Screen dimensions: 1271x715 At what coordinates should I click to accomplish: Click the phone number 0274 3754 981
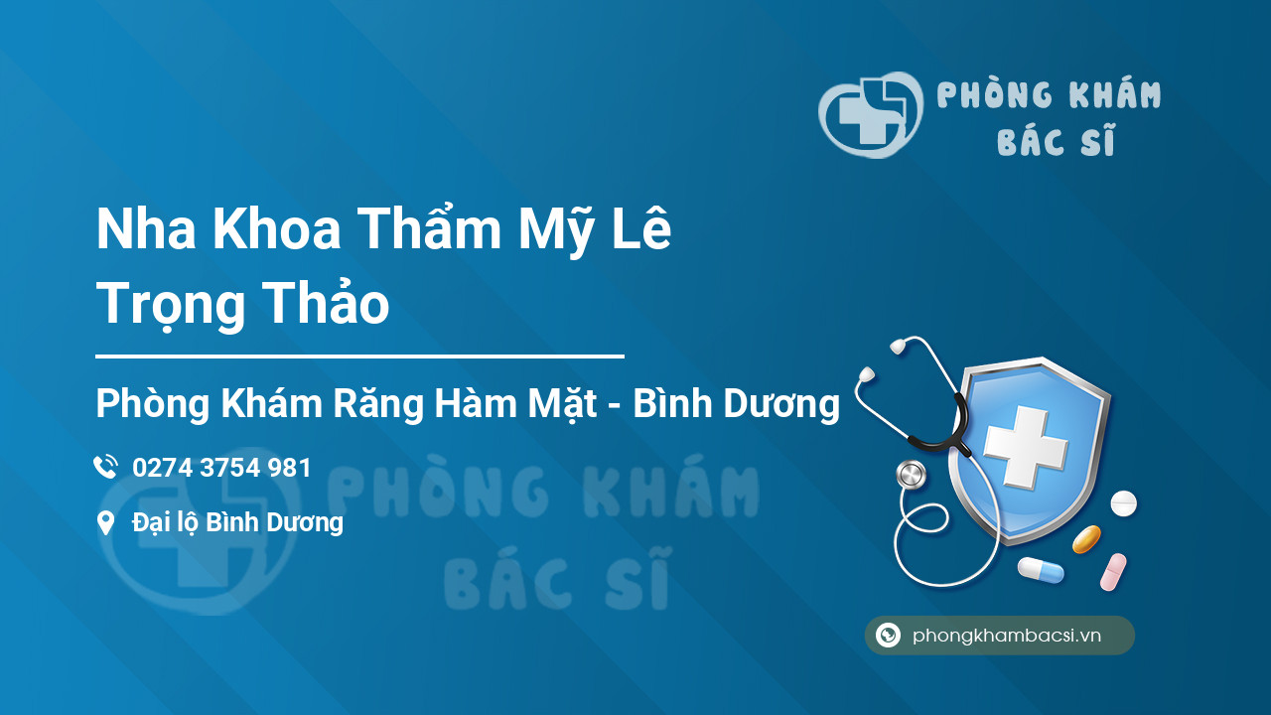(x=221, y=468)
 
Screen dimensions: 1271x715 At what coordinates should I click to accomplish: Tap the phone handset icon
(x=105, y=467)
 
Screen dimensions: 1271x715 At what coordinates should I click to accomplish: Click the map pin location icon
(x=105, y=522)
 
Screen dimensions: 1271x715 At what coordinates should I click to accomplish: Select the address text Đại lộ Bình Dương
(x=237, y=522)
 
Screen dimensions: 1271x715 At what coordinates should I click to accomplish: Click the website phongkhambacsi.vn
(x=1007, y=635)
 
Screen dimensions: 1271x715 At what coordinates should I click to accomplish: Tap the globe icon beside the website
(x=888, y=635)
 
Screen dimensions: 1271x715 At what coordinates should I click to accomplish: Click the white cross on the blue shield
(x=1026, y=447)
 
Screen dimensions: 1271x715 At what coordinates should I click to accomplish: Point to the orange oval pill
(x=1086, y=539)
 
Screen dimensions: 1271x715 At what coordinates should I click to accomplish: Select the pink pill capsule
(x=1113, y=572)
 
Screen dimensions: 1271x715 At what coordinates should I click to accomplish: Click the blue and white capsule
(x=1041, y=570)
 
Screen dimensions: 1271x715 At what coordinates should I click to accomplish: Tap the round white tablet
(x=1123, y=502)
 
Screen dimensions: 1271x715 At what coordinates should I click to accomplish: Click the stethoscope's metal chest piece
(x=911, y=475)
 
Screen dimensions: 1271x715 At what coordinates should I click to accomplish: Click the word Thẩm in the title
(x=429, y=227)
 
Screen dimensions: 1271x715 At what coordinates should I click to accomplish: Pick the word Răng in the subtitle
(x=378, y=403)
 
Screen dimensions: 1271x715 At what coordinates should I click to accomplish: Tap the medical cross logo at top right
(x=871, y=114)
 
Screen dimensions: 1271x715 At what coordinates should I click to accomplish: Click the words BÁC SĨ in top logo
(x=1056, y=140)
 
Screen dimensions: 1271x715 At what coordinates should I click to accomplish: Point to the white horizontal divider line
(x=359, y=357)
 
